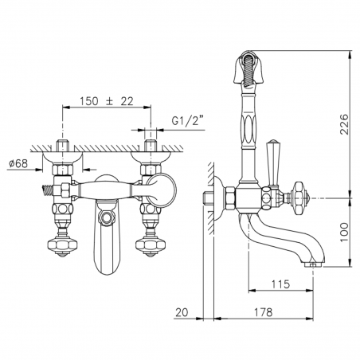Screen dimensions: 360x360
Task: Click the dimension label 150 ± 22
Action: pyautogui.click(x=107, y=101)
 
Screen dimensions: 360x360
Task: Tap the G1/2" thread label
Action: pyautogui.click(x=188, y=121)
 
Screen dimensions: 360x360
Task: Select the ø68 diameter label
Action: pyautogui.click(x=18, y=163)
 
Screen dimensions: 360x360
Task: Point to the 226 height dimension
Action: pyautogui.click(x=344, y=124)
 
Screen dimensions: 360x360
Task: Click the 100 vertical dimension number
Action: pyautogui.click(x=344, y=233)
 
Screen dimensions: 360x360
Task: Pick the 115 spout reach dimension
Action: pyautogui.click(x=280, y=284)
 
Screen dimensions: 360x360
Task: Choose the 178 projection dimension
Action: pyautogui.click(x=263, y=312)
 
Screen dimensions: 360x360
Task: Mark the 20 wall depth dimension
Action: pyautogui.click(x=182, y=312)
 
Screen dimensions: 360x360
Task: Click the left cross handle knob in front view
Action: pyautogui.click(x=62, y=244)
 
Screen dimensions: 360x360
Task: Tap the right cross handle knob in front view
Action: pyautogui.click(x=151, y=244)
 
